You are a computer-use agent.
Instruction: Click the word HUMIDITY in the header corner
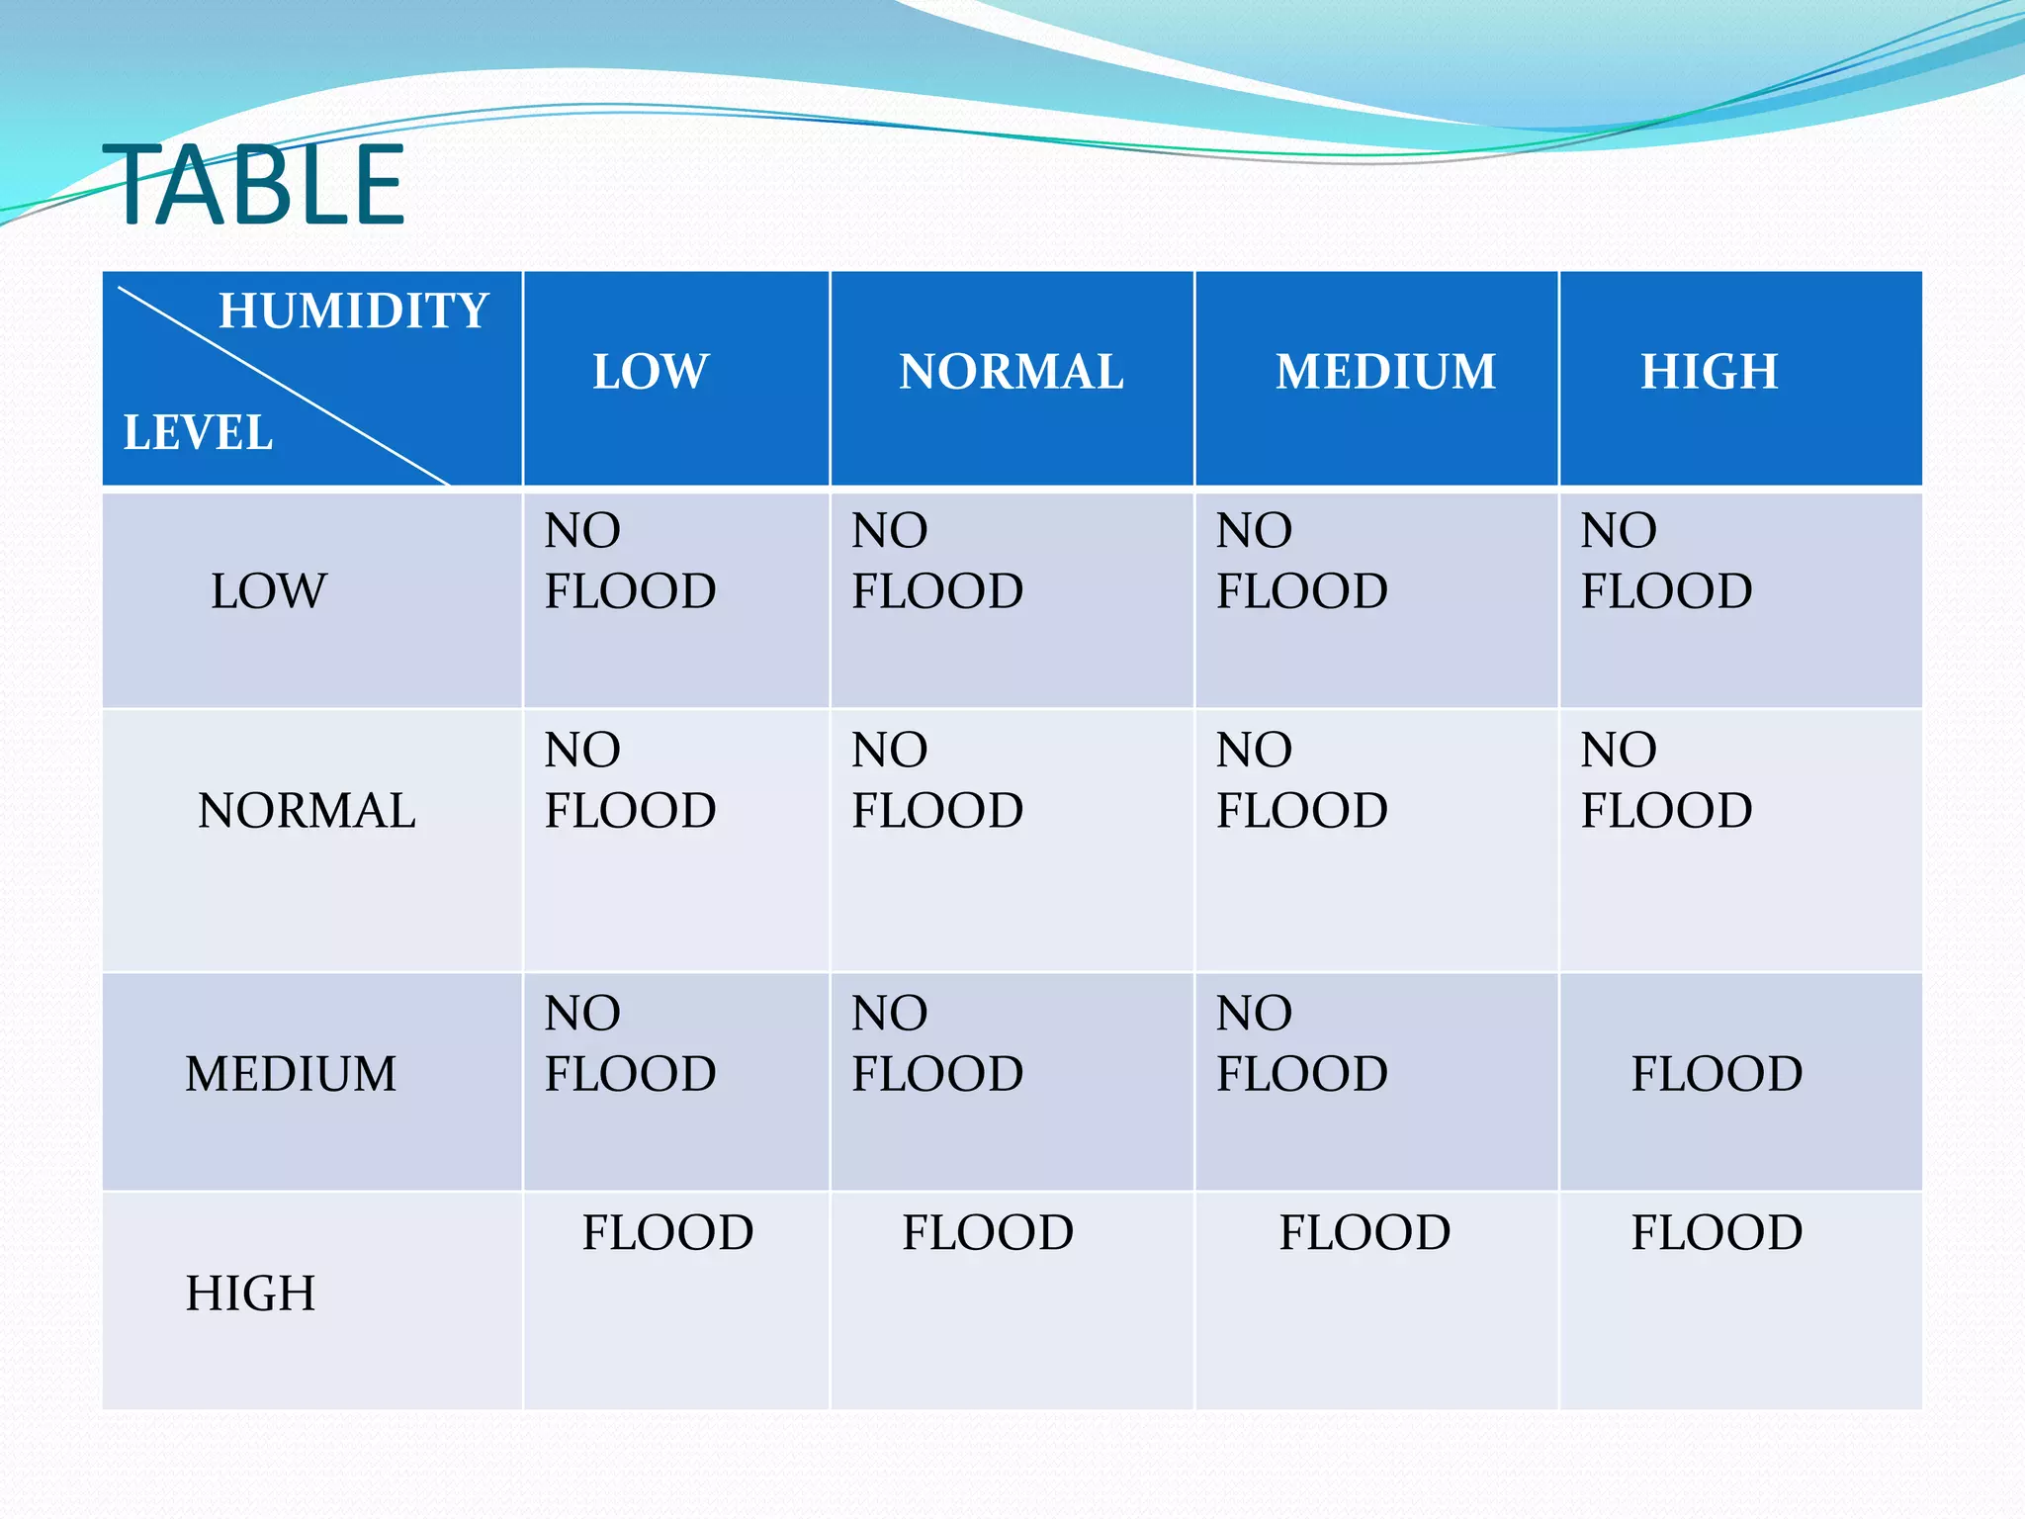(353, 311)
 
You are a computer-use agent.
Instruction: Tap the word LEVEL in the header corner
(198, 433)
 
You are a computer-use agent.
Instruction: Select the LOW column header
(651, 372)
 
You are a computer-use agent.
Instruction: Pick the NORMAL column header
(1011, 372)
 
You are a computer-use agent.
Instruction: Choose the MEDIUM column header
(1385, 372)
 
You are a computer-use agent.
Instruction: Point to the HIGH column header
(1710, 372)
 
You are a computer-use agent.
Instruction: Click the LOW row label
(268, 591)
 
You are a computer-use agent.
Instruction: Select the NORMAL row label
(307, 811)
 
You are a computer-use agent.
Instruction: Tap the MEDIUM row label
(291, 1074)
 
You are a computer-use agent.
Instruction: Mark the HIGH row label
(250, 1294)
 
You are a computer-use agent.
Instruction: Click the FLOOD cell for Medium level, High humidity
(1717, 1074)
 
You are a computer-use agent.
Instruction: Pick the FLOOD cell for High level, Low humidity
(667, 1233)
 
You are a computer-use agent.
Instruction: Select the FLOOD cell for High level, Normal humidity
(987, 1233)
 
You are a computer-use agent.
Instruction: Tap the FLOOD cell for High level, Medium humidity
(1365, 1233)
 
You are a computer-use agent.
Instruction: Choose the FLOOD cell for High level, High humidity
(1717, 1233)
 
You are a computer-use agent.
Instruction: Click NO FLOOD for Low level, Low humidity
(630, 561)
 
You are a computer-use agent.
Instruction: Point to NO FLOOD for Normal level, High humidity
(1666, 780)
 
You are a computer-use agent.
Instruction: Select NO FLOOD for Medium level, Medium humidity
(1301, 1043)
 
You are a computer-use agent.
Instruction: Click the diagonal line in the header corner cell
(284, 387)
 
